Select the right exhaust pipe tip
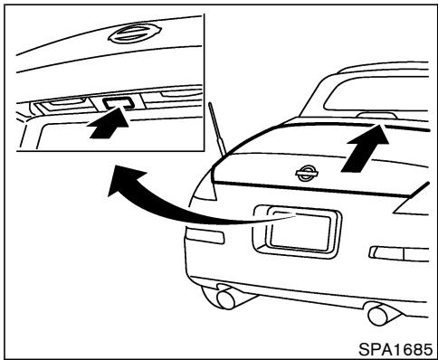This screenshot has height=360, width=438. pyautogui.click(x=377, y=315)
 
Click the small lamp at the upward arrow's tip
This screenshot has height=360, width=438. pyautogui.click(x=373, y=116)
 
